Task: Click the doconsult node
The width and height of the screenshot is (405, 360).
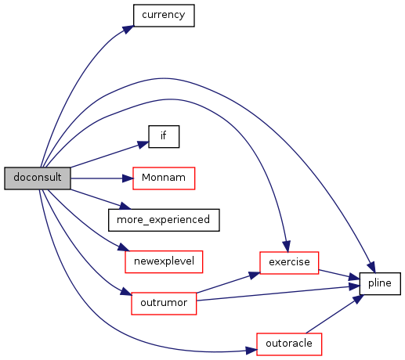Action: pos(38,178)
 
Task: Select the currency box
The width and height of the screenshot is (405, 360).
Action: pos(164,16)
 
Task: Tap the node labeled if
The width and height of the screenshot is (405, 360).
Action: pos(164,136)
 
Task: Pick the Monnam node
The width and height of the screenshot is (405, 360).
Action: pos(164,178)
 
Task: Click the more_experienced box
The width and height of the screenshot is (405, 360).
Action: pos(164,220)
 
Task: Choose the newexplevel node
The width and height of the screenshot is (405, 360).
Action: pos(164,261)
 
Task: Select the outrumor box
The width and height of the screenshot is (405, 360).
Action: pos(164,304)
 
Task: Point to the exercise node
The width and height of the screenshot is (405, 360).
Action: pos(289,263)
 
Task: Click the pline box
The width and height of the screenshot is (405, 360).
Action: pos(380,283)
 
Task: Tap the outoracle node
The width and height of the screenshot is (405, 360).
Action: pos(289,344)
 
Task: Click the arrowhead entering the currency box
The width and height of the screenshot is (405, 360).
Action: pos(128,29)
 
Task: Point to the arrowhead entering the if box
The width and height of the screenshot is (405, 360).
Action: pos(143,144)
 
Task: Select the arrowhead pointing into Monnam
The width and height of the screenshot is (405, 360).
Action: pos(128,178)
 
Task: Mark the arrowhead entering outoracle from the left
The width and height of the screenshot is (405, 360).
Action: pos(251,351)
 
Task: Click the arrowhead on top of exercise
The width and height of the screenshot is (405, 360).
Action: pos(286,247)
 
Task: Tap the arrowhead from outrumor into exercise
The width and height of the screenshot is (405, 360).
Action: pos(255,275)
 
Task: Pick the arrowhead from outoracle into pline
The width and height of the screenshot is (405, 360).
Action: pos(358,299)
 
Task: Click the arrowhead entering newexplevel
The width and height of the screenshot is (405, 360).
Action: pos(124,247)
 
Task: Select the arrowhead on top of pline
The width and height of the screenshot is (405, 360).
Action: pos(371,268)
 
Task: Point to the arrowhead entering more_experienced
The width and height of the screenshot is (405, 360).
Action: pos(125,207)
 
